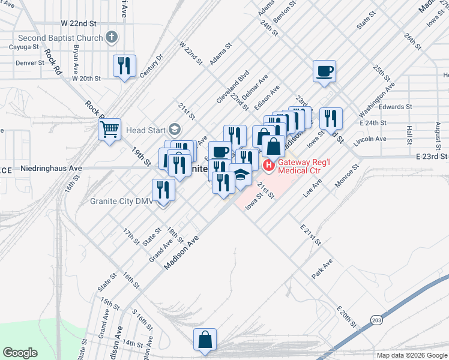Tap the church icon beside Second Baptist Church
click(x=110, y=38)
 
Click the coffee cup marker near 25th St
click(x=324, y=71)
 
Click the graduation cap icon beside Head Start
click(x=174, y=130)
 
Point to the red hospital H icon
click(x=268, y=164)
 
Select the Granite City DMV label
click(x=121, y=202)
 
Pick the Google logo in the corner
click(x=20, y=353)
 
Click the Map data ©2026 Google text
click(x=411, y=355)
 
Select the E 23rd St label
click(x=432, y=155)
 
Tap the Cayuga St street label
click(x=27, y=46)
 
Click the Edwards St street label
click(x=395, y=107)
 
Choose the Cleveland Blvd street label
click(x=236, y=83)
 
